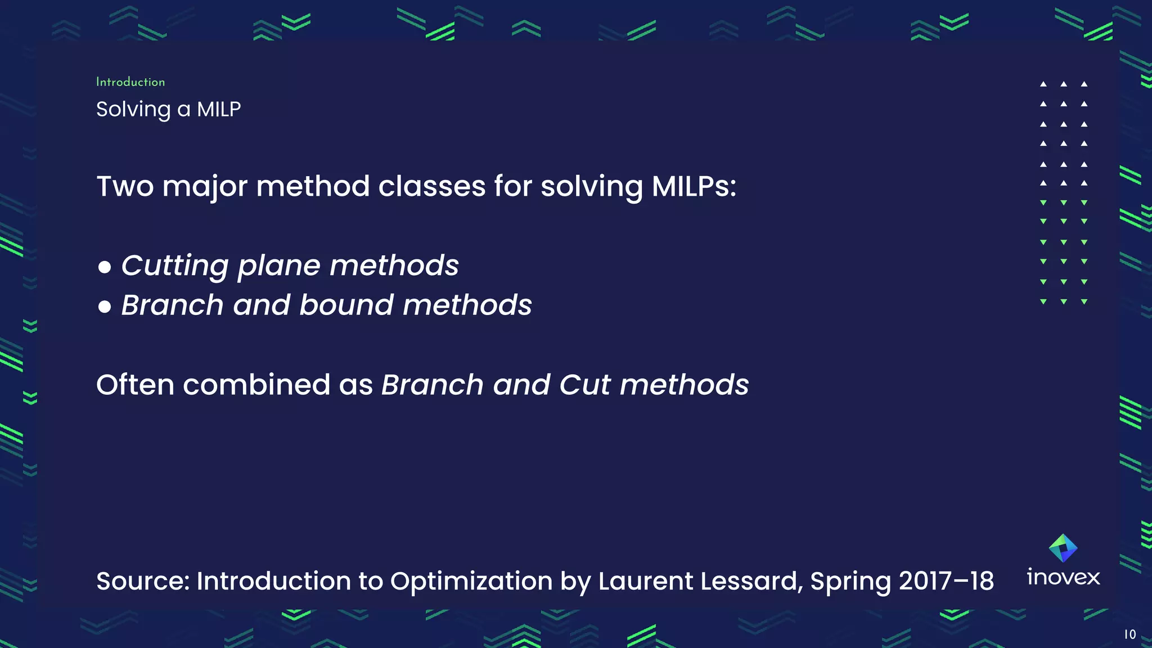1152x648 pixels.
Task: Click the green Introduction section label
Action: click(130, 82)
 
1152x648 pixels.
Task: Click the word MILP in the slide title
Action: click(219, 109)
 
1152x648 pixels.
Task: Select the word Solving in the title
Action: click(133, 109)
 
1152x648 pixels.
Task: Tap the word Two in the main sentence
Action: click(125, 186)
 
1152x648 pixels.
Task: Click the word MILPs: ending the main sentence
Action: click(694, 186)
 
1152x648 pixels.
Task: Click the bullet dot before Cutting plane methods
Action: click(105, 267)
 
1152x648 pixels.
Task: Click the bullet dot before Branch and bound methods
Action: click(105, 307)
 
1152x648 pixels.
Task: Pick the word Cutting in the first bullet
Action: click(175, 265)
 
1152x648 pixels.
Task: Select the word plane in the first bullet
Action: click(278, 265)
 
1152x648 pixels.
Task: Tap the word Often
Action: click(135, 385)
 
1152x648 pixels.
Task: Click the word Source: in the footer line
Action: click(143, 581)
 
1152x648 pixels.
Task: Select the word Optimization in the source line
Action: click(471, 581)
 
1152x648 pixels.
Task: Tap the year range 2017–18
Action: click(946, 581)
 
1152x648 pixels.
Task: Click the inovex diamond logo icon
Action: click(1063, 548)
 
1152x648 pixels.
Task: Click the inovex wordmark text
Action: click(1063, 578)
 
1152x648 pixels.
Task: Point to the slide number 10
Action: click(1130, 634)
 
